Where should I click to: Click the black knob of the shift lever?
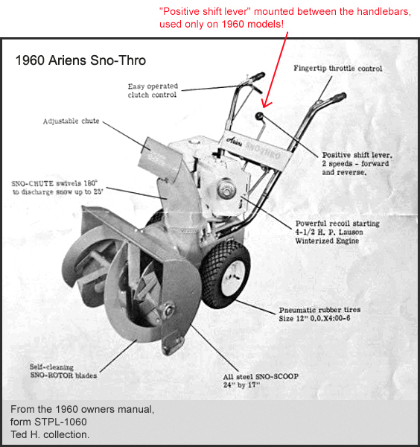point(259,116)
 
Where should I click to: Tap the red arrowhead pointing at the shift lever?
point(266,104)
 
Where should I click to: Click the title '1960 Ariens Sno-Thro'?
point(80,60)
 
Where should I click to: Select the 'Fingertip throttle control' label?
point(337,69)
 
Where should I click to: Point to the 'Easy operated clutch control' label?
point(153,90)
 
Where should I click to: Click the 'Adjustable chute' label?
point(71,121)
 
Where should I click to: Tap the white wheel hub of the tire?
point(233,277)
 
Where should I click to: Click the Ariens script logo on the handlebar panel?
point(234,141)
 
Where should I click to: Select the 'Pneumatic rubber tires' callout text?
point(319,314)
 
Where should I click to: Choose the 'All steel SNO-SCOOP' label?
point(261,381)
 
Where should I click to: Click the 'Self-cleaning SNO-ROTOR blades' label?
point(63,371)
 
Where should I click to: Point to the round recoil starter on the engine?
point(226,189)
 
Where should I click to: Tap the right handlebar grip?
point(338,98)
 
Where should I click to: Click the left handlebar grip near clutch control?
point(258,76)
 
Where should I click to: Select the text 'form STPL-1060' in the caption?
point(48,422)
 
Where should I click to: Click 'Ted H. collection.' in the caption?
point(50,434)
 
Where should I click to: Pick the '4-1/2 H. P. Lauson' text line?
point(329,232)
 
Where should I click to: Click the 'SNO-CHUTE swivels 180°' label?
point(54,183)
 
